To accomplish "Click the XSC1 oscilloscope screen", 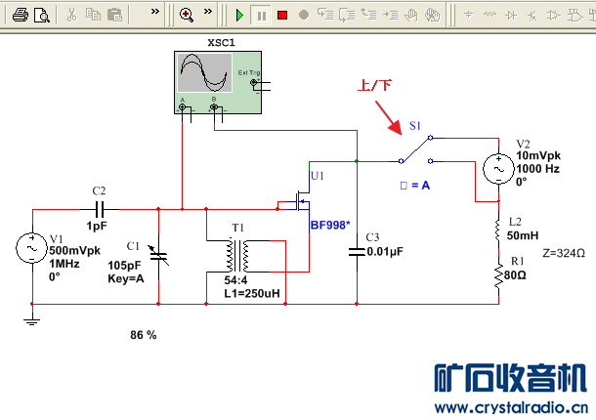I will click(204, 72).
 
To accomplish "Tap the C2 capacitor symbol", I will click(99, 209).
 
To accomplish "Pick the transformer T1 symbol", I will click(238, 256).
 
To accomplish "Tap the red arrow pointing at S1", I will click(390, 120).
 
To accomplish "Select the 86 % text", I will click(143, 335).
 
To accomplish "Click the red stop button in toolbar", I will click(281, 15).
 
